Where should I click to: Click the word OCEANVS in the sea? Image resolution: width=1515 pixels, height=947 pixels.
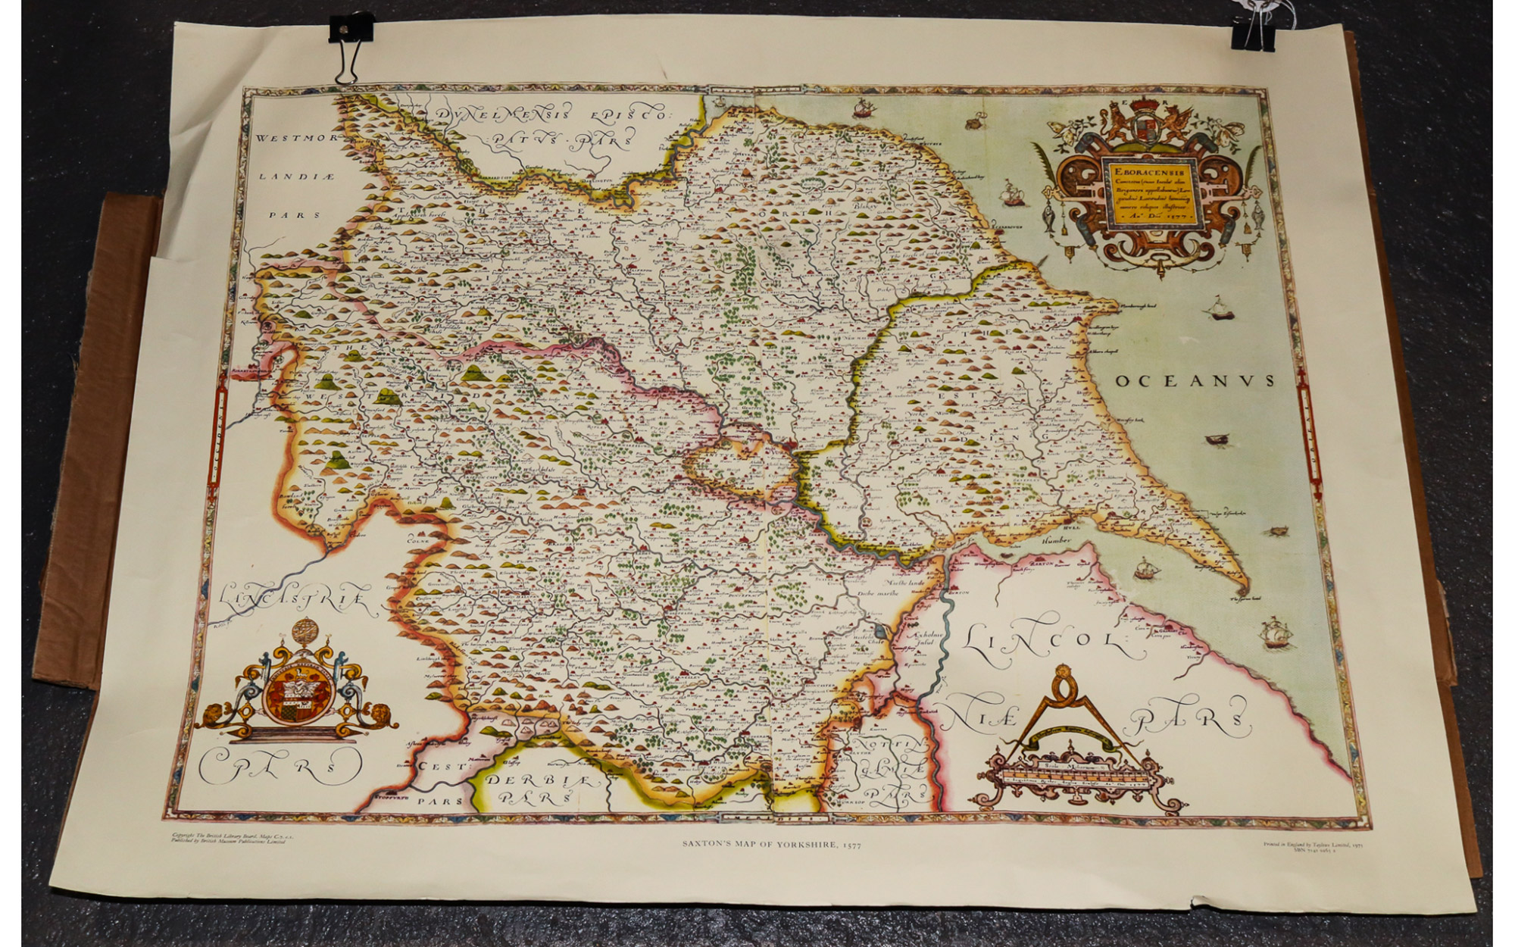[1195, 380]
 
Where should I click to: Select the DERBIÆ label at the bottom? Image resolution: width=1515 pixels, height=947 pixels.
[541, 780]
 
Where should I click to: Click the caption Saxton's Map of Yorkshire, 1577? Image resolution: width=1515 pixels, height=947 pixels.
[770, 843]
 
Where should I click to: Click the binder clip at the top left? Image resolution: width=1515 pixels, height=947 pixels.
[350, 45]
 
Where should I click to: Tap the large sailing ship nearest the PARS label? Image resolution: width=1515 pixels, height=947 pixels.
[1274, 631]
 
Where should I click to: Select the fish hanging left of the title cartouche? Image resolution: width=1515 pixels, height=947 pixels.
[1048, 216]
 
